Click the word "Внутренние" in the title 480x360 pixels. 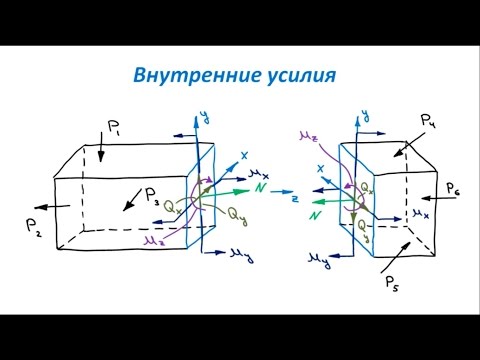[x=190, y=75]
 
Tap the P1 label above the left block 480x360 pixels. [x=115, y=127]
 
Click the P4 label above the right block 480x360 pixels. [x=428, y=122]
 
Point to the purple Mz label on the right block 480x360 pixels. [x=306, y=133]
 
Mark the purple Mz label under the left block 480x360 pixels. [x=152, y=239]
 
